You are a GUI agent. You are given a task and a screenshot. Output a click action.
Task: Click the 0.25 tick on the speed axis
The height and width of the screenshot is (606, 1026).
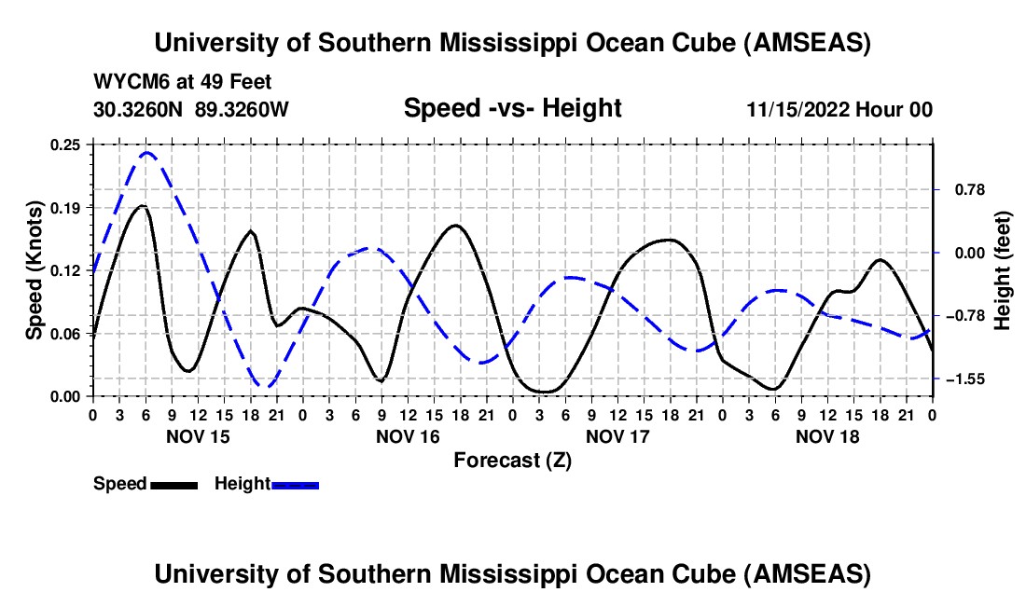click(67, 145)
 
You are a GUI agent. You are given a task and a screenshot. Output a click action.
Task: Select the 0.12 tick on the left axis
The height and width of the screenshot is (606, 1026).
click(67, 270)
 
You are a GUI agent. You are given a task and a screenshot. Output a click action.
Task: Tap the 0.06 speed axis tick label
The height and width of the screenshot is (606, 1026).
click(67, 334)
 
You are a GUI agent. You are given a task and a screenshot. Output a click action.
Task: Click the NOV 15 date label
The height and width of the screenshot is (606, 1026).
click(198, 436)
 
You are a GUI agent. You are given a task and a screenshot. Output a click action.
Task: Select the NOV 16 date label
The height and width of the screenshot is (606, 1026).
click(408, 436)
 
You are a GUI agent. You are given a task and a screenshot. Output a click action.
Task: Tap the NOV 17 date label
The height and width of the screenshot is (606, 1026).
click(617, 436)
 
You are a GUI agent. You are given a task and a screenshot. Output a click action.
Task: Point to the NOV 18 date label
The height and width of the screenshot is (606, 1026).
click(827, 436)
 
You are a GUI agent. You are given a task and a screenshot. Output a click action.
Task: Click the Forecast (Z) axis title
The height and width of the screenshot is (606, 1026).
click(512, 460)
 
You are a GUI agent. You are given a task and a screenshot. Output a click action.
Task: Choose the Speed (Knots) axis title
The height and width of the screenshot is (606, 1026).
click(35, 270)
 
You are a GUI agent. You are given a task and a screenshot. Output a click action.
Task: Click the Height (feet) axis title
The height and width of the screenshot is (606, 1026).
click(1003, 270)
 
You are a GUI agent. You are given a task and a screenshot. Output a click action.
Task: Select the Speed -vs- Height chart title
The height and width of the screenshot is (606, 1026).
click(512, 109)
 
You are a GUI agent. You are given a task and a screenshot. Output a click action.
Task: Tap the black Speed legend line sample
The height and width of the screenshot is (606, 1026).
click(173, 484)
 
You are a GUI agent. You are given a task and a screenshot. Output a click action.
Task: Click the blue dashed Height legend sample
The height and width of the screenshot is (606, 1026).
click(295, 484)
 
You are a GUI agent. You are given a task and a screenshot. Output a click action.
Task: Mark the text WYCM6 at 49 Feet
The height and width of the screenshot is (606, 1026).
click(183, 82)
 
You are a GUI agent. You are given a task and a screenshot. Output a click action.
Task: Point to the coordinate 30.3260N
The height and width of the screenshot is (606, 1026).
click(141, 110)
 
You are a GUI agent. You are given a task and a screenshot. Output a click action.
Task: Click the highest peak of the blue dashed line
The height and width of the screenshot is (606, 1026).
click(146, 152)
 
